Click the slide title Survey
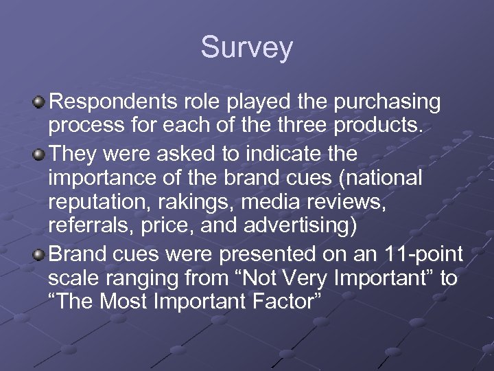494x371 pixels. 247,47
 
